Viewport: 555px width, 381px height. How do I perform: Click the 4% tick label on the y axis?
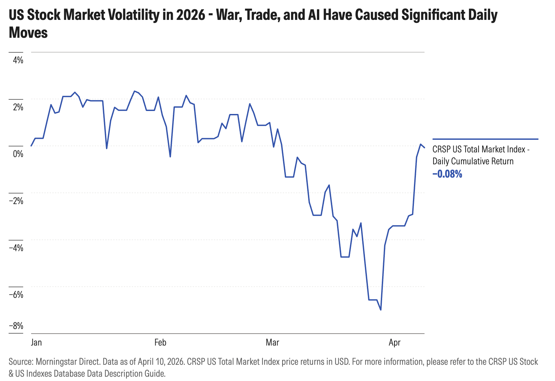[x=18, y=60]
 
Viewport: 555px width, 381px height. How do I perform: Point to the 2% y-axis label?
[x=18, y=107]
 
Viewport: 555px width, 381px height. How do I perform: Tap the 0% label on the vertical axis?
[x=18, y=154]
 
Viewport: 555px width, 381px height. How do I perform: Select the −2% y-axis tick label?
[x=16, y=201]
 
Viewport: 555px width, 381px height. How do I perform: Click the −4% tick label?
[x=16, y=248]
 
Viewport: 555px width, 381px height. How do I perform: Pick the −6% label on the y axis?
[x=16, y=295]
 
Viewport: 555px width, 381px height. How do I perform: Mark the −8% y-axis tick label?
[x=16, y=326]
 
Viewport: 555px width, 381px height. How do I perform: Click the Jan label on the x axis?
[x=36, y=342]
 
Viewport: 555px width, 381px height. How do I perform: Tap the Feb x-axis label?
[x=160, y=342]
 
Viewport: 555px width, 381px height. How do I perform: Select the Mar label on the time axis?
[x=272, y=342]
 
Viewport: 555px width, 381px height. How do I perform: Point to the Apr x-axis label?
[x=394, y=342]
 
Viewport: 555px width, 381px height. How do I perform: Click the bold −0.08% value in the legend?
[x=447, y=174]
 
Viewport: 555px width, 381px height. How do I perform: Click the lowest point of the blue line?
[x=381, y=310]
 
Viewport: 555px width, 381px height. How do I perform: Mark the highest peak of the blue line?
[x=134, y=91]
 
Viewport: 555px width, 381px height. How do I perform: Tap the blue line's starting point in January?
[x=31, y=146]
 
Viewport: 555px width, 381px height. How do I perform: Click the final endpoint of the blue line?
[x=425, y=147]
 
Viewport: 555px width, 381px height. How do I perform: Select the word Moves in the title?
[x=28, y=33]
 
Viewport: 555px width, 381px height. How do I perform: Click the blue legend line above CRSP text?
[x=485, y=139]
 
